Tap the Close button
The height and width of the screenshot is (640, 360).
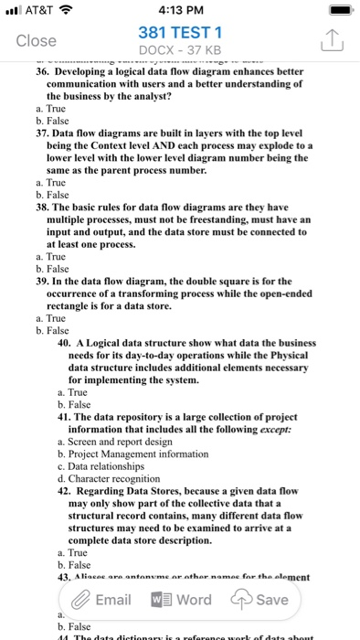[37, 40]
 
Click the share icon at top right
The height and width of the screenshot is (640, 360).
[332, 39]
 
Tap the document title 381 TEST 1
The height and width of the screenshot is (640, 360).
[180, 31]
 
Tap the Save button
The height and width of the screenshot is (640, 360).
[263, 600]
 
